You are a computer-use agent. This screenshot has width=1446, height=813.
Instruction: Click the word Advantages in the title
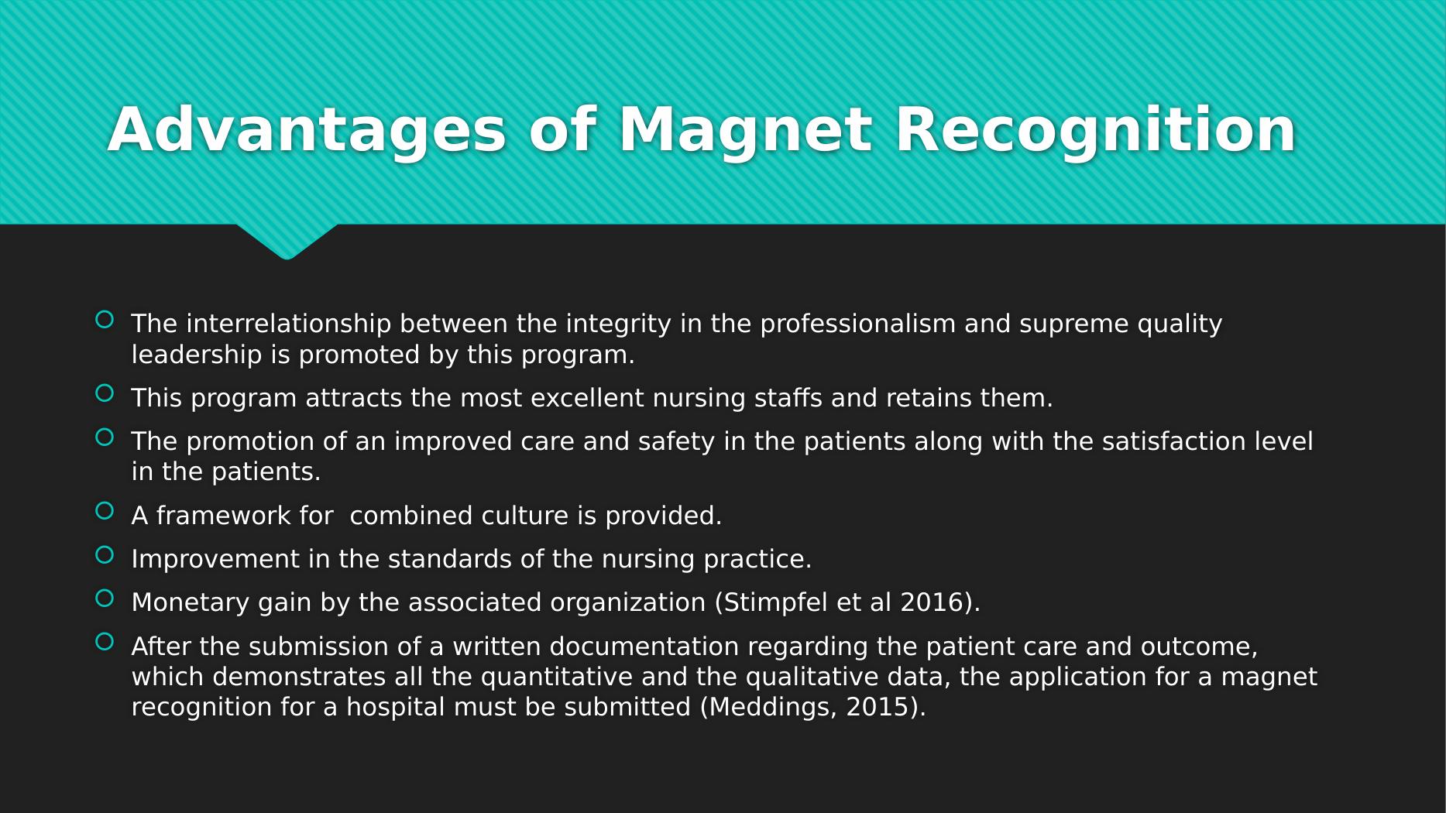(307, 131)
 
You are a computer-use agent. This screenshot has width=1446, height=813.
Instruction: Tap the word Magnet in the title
(745, 131)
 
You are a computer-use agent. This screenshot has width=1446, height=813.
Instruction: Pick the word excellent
(587, 398)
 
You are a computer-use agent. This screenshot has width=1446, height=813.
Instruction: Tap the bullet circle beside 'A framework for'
(105, 511)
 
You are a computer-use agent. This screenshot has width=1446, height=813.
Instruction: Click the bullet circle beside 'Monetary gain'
(105, 598)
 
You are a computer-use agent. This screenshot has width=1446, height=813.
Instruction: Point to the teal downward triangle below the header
(287, 241)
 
